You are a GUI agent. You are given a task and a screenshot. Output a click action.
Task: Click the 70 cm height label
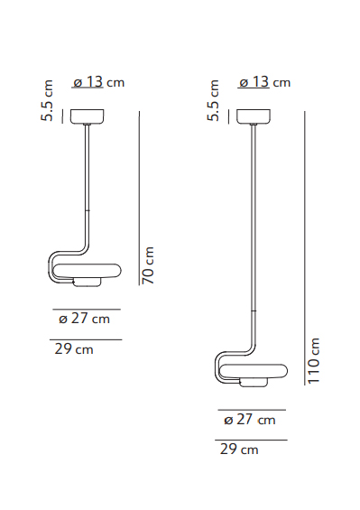click(x=150, y=265)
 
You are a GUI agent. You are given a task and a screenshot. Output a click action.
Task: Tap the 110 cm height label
click(x=314, y=360)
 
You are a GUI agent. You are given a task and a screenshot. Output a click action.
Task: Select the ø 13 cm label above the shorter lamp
click(x=97, y=82)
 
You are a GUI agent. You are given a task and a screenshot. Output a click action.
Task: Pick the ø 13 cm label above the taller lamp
click(x=264, y=82)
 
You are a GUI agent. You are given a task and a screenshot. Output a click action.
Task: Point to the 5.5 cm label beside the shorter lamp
click(x=50, y=100)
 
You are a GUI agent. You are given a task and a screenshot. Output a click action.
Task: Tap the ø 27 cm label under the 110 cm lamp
click(x=249, y=420)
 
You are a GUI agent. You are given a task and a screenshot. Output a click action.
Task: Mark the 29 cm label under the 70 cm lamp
click(x=73, y=348)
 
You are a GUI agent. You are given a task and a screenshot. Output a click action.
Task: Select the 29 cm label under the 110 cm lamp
click(x=239, y=449)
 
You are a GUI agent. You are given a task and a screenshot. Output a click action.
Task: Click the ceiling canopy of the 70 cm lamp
click(x=88, y=116)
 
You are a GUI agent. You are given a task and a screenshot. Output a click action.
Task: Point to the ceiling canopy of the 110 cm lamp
click(x=254, y=116)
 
